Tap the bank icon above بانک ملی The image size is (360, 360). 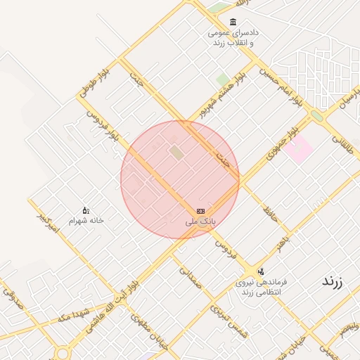pyautogui.click(x=200, y=211)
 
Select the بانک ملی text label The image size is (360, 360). pyautogui.click(x=200, y=221)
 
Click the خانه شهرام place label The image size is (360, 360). pyautogui.click(x=86, y=220)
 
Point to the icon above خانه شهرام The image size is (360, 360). pyautogui.click(x=86, y=210)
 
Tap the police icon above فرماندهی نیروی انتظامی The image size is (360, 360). pyautogui.click(x=261, y=271)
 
